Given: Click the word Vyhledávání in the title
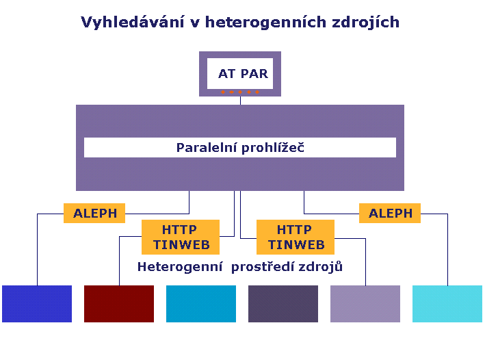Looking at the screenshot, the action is tap(133, 23).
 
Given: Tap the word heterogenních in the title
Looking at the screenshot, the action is tap(265, 23).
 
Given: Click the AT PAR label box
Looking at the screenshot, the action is tap(240, 74).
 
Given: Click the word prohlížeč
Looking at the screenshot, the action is tap(273, 148).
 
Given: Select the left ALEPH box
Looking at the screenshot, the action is tap(94, 213).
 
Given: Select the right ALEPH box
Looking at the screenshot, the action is tap(390, 213).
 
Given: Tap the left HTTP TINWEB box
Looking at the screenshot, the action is tap(181, 237).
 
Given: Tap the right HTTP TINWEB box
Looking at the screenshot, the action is tap(296, 237).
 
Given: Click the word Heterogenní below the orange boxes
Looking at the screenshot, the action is tap(180, 267).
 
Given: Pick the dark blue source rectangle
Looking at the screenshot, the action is tap(37, 304).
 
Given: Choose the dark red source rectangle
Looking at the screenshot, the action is tap(119, 304).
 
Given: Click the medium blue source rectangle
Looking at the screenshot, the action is tap(201, 304).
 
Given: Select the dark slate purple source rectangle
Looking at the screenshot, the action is tap(283, 304).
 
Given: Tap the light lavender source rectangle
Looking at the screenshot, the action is tap(365, 304).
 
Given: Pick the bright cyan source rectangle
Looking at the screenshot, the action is tap(447, 304).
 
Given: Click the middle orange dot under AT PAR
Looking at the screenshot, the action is tap(240, 92).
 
